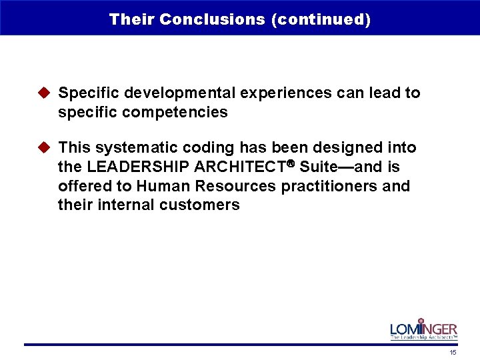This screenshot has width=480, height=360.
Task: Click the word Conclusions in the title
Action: point(213,19)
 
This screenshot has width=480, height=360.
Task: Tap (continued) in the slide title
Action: point(321,19)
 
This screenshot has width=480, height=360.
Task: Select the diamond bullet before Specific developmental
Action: point(46,93)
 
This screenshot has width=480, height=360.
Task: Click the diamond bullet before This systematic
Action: point(46,147)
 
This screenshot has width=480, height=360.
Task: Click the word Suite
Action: point(319,167)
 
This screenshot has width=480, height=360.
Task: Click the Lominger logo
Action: point(423,329)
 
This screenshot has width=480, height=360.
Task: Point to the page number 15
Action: point(453,352)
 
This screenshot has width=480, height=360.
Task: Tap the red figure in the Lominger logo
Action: point(421,325)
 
